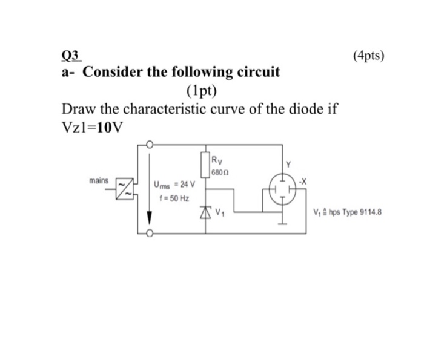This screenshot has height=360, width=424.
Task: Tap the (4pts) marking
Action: click(368, 56)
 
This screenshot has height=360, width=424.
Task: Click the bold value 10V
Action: click(110, 128)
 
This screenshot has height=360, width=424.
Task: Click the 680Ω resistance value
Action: click(220, 173)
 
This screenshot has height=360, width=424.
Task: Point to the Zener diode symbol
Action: click(207, 211)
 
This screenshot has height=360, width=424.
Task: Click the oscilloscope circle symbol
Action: click(280, 189)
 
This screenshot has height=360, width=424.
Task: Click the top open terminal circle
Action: click(150, 145)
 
